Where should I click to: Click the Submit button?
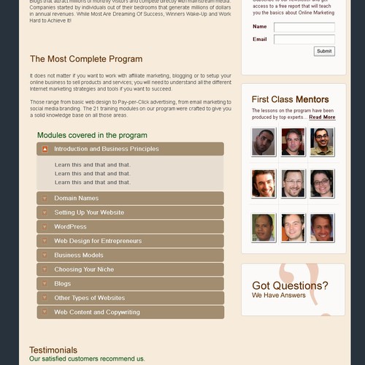point(324,51)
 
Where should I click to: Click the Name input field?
point(304,27)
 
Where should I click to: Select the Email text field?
point(304,39)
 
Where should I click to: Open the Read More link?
point(322,117)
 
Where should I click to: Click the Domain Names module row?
point(130,199)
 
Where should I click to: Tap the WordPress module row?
point(130,227)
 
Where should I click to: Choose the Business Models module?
point(130,255)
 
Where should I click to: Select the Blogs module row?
point(130,284)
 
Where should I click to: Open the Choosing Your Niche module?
point(130,269)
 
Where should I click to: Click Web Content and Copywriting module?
point(130,312)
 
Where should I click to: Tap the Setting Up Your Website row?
point(130,212)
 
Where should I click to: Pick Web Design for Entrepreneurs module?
point(130,241)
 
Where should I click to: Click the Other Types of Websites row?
point(130,298)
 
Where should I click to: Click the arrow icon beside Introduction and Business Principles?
point(45,149)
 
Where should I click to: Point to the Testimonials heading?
point(53,350)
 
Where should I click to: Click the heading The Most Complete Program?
point(86,59)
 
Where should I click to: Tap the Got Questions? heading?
point(290,285)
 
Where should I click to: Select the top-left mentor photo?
point(264,142)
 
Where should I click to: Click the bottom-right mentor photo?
point(321,228)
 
